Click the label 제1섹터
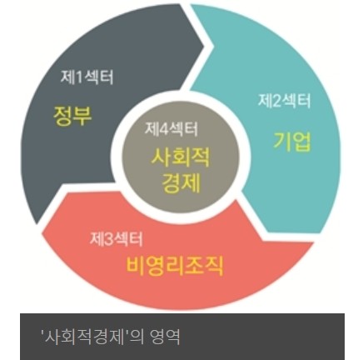point(87,77)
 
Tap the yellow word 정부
point(72,115)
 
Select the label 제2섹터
point(284,100)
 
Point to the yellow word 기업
point(292,142)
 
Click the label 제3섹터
point(117,238)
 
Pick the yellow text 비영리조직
point(175,266)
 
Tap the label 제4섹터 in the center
point(172,128)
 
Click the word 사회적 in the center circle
point(181,157)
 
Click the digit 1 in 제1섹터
point(79,77)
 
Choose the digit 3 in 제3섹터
point(109,239)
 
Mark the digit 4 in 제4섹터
point(164,129)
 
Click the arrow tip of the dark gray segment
point(205,47)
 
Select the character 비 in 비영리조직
point(136,266)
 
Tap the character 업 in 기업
point(302,142)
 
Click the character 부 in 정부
point(82,116)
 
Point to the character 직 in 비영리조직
point(215,266)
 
